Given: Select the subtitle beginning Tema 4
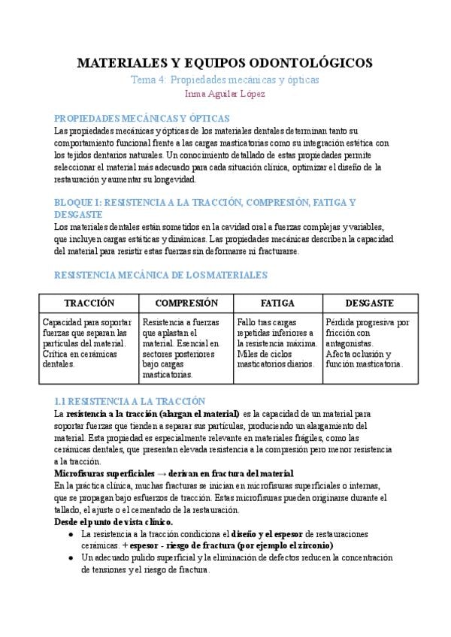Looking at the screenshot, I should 225,79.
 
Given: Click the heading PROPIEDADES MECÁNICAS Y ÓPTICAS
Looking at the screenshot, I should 142,119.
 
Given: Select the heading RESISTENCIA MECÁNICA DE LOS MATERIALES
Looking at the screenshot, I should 161,276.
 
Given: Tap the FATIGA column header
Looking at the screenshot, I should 277,303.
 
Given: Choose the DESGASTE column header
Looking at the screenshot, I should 369,303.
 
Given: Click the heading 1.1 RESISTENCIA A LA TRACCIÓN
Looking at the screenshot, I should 130,402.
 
